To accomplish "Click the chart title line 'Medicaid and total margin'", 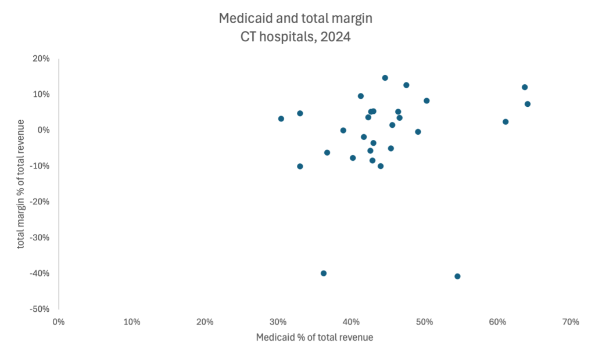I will (295, 19).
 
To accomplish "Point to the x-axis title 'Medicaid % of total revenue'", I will (314, 337).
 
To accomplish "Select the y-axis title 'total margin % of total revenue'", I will (21, 183).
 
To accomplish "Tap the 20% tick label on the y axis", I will (42, 59).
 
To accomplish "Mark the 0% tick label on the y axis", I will (44, 130).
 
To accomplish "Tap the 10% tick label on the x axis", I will (132, 321).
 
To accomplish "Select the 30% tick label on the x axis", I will (278, 321).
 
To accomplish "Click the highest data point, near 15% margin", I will (385, 78).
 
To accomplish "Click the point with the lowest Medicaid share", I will (281, 118).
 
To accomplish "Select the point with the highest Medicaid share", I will (528, 104).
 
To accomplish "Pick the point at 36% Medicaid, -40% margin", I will (324, 273).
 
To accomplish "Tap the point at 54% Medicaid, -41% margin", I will (457, 276).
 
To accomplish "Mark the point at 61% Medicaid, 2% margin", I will (506, 122).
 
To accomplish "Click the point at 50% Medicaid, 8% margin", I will (426, 100).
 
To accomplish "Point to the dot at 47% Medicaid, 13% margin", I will (406, 85).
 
